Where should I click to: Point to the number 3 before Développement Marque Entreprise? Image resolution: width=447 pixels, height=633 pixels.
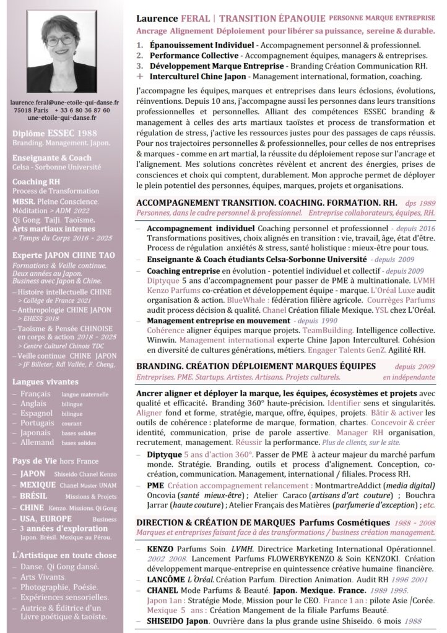click(140, 66)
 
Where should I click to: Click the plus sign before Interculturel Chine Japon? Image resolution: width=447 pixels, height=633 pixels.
click(140, 77)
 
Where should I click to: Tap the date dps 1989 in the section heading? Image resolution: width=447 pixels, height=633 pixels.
click(420, 202)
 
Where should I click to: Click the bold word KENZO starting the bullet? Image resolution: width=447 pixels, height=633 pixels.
click(160, 548)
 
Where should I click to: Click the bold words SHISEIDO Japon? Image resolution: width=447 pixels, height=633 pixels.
click(177, 621)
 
